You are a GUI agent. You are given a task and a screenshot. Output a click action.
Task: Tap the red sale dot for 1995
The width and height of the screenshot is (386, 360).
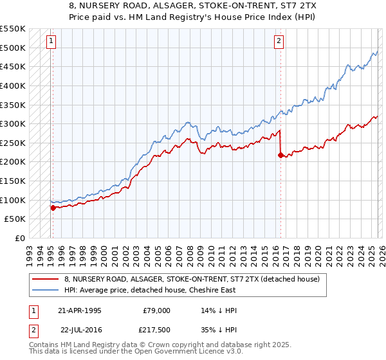53,208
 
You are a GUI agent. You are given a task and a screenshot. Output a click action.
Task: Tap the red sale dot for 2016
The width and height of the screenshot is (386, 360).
280,155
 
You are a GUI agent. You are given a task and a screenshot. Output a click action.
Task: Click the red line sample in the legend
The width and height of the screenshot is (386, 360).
46,280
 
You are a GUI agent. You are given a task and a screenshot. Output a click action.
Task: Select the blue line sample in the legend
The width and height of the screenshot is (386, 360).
46,291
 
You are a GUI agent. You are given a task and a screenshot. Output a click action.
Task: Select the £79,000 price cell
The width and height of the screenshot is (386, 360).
156,310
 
